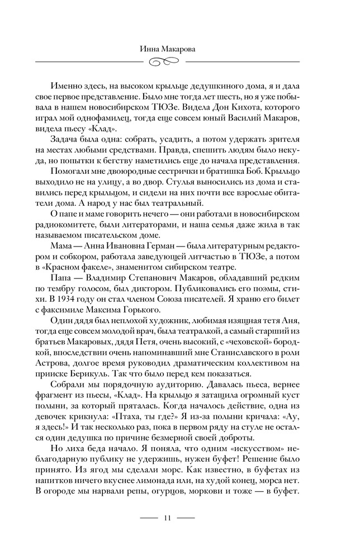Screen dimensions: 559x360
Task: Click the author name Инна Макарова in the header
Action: click(179, 49)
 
